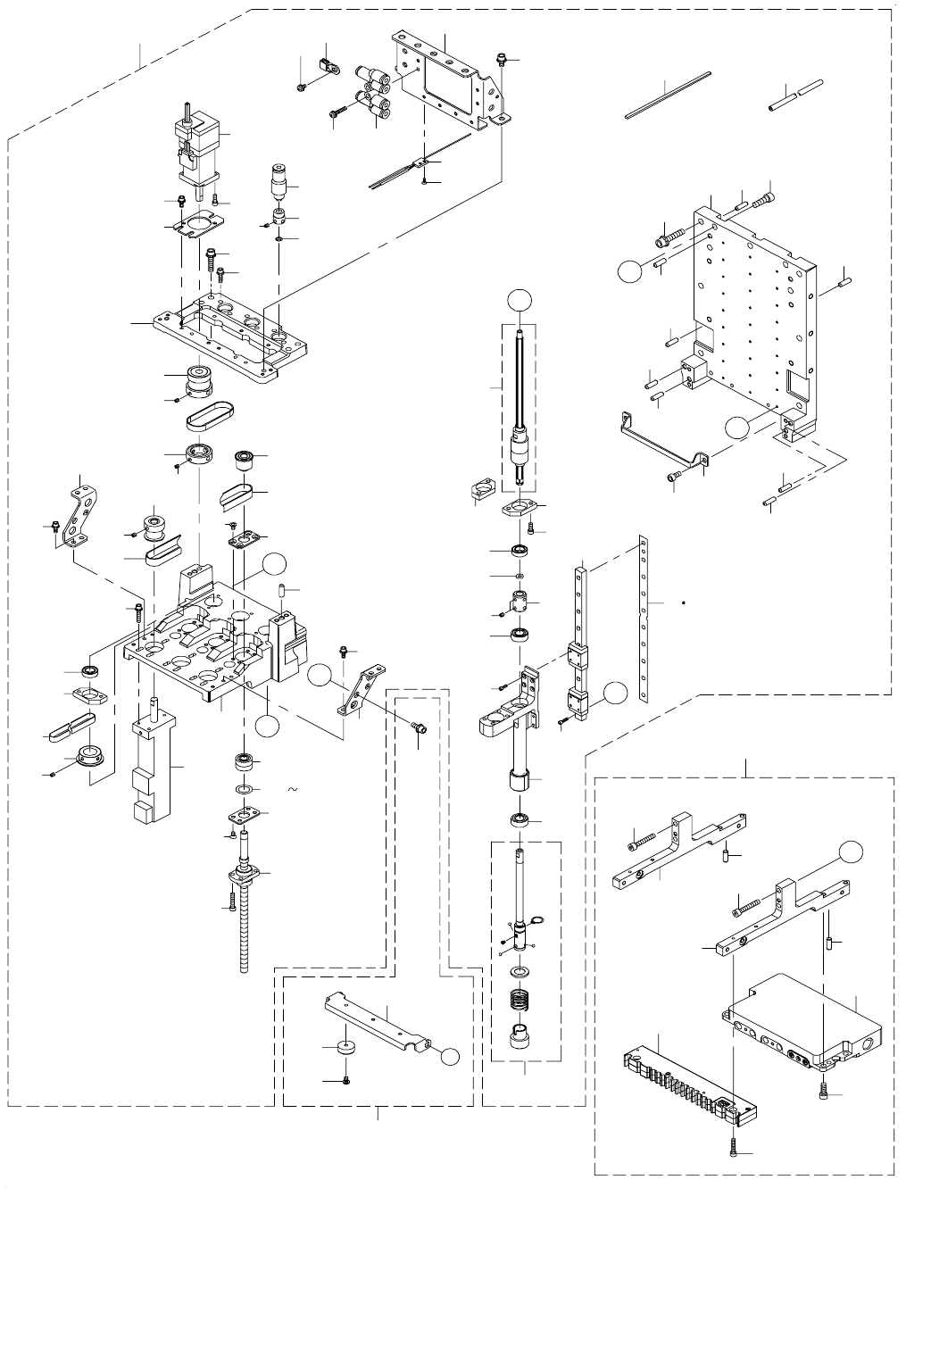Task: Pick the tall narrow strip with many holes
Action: pyautogui.click(x=642, y=607)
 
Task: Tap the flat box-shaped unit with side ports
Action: pyautogui.click(x=803, y=1026)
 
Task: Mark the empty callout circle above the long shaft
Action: pyautogui.click(x=518, y=300)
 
